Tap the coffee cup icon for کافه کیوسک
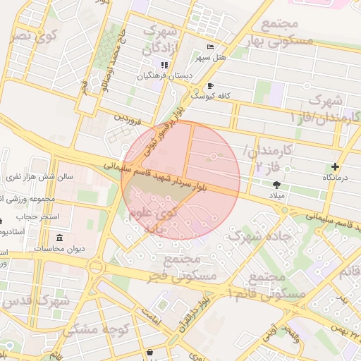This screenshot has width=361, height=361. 209,85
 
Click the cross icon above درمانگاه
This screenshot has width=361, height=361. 336,167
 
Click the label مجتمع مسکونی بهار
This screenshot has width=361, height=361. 285,32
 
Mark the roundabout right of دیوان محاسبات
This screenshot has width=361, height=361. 96,266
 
